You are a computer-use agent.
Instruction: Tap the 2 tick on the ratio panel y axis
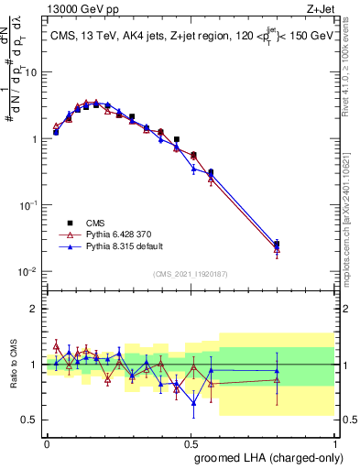[x=37, y=309]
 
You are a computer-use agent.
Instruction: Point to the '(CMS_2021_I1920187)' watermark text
[x=190, y=274]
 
